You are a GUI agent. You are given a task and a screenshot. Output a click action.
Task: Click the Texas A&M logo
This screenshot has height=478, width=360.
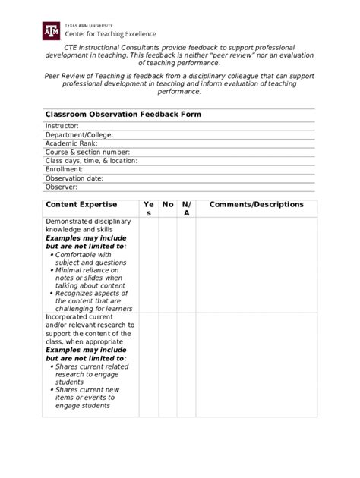coord(50,30)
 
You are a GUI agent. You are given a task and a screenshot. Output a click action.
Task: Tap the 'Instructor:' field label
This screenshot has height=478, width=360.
coord(62,126)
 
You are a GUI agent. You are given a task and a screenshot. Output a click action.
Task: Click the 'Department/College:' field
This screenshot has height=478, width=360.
coord(79,134)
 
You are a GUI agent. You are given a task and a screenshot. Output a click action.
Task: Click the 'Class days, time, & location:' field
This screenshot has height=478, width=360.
coord(91,161)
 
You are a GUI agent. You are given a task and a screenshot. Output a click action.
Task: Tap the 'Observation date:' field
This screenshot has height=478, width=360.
coord(74,178)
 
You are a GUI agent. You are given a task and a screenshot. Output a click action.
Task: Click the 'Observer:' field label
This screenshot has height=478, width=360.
coord(62,187)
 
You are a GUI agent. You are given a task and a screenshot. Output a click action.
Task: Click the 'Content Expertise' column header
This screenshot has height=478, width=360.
coord(81,205)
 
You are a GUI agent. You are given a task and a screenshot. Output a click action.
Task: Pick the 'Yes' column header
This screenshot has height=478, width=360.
coord(149,209)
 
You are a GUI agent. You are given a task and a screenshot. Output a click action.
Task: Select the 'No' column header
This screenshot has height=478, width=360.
coord(168,205)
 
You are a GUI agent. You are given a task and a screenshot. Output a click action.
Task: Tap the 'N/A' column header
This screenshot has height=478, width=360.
coord(187,209)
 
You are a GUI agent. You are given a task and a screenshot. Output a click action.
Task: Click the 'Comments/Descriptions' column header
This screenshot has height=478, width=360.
coord(256,205)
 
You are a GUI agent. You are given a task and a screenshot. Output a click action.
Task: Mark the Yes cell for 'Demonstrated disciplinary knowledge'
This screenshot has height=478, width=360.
coord(149,265)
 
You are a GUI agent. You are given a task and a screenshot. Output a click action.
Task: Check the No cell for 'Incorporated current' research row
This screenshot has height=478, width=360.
coord(168,364)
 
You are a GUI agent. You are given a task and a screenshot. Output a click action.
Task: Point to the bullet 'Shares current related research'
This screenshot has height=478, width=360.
coord(91,370)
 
